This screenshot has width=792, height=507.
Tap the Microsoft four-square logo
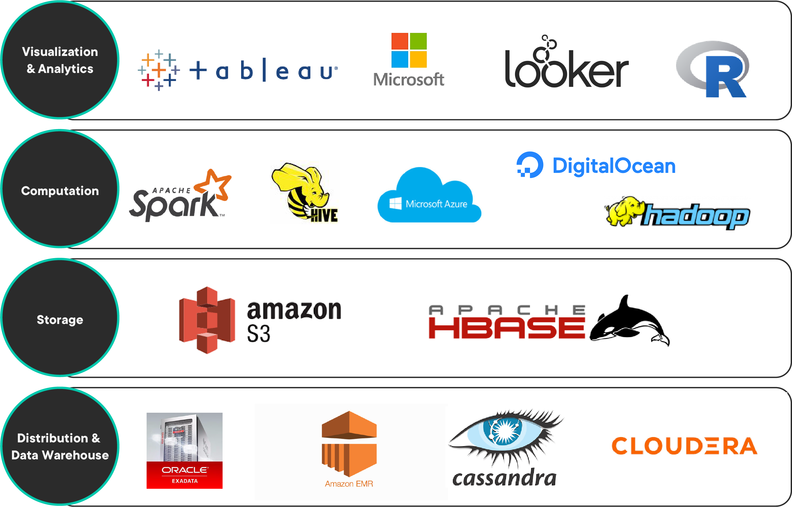coord(409,50)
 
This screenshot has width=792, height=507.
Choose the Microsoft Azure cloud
coord(429,198)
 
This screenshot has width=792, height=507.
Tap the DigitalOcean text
coord(614,166)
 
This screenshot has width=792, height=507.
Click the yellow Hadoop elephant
coord(622,211)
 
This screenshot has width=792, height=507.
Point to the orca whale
coord(629,323)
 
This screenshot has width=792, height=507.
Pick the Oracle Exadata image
coord(184,450)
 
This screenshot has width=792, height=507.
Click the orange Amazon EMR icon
coord(349,443)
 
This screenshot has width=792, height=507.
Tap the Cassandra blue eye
coord(502,431)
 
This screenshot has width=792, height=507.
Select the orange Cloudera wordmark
coord(684,446)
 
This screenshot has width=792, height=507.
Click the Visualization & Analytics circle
coord(60,60)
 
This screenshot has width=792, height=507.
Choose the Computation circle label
coord(60,191)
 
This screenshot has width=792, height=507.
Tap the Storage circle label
coord(60,320)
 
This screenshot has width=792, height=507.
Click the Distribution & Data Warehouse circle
coord(60,446)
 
